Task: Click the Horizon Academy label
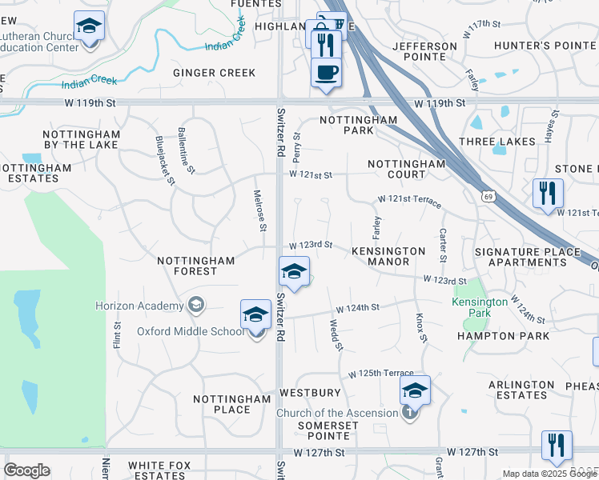click(139, 306)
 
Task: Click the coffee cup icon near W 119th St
click(326, 74)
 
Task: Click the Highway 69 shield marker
click(488, 195)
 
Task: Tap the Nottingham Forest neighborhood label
click(196, 266)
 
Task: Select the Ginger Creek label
click(215, 73)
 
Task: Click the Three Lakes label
click(497, 142)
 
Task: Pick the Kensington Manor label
click(388, 256)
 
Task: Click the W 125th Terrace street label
click(381, 374)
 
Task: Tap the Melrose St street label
click(259, 210)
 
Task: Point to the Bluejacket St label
click(165, 161)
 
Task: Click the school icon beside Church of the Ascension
click(415, 391)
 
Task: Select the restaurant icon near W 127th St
click(556, 446)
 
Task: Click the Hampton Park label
click(503, 336)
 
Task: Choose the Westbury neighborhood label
click(311, 393)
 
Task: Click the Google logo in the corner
click(26, 471)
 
